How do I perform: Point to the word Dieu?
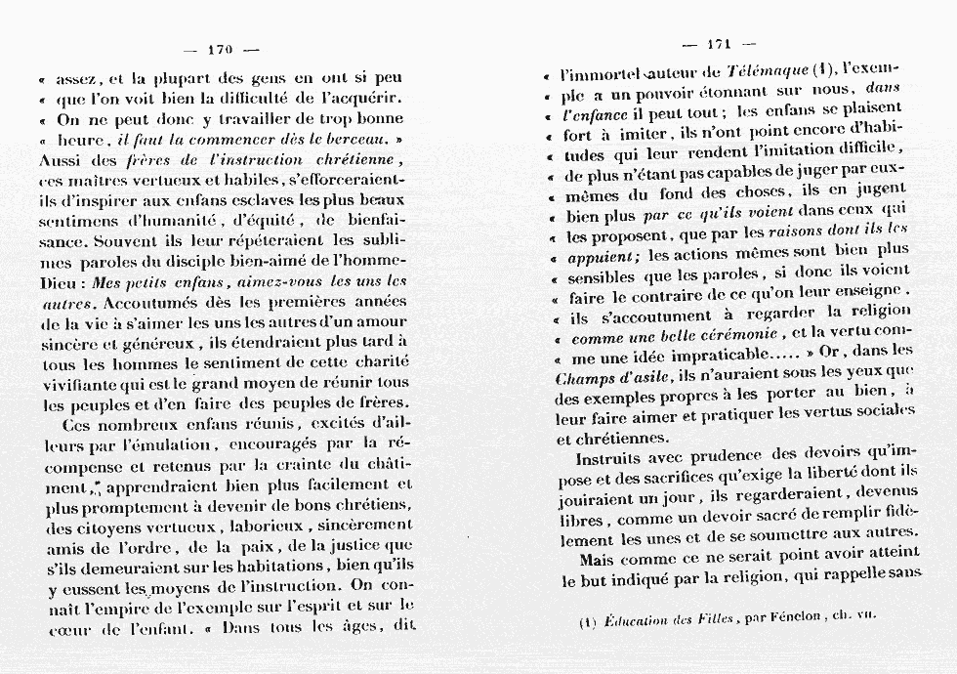59,282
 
